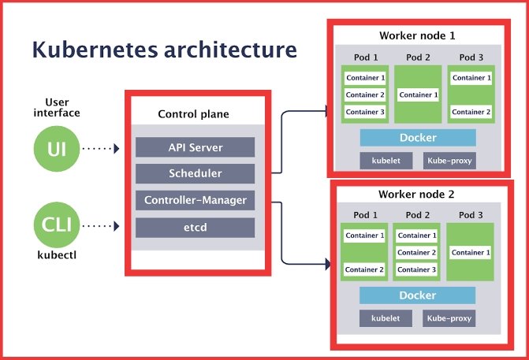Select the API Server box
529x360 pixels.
click(x=195, y=147)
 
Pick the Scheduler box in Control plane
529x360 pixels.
click(x=195, y=173)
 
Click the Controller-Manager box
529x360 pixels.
click(x=195, y=200)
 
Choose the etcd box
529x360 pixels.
click(x=195, y=228)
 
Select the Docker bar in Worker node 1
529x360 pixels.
click(x=418, y=138)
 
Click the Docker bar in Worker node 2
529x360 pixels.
click(x=418, y=295)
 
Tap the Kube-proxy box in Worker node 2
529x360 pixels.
click(x=449, y=318)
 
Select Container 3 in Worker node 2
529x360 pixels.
click(x=416, y=269)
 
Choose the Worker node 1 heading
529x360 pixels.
click(x=417, y=36)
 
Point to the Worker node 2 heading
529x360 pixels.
click(x=417, y=194)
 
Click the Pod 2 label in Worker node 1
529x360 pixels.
click(x=417, y=58)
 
